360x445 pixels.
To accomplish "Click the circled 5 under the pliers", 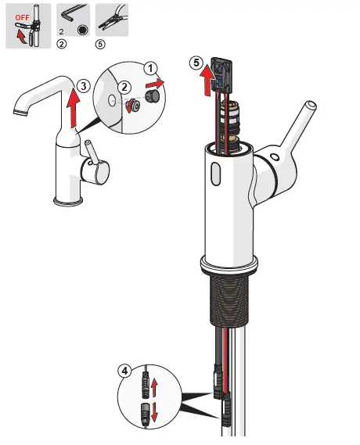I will point(99,45).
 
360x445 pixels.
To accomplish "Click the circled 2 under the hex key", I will point(62,45).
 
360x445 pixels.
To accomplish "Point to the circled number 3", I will point(84,87).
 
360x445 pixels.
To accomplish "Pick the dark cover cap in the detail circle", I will point(154,96).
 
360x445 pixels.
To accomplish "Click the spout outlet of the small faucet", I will point(18,113).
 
